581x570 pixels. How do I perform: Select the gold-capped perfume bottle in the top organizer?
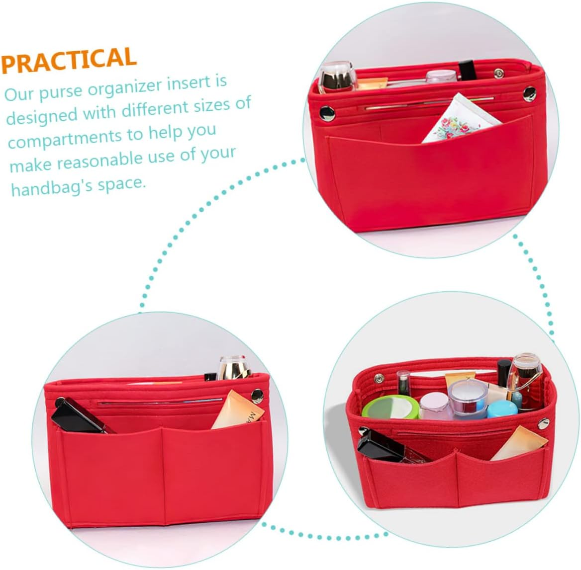(x=337, y=78)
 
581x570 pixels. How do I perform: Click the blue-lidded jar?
(x=502, y=409)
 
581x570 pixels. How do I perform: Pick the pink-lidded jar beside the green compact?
(x=434, y=405)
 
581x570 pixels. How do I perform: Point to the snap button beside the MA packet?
(x=257, y=396)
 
